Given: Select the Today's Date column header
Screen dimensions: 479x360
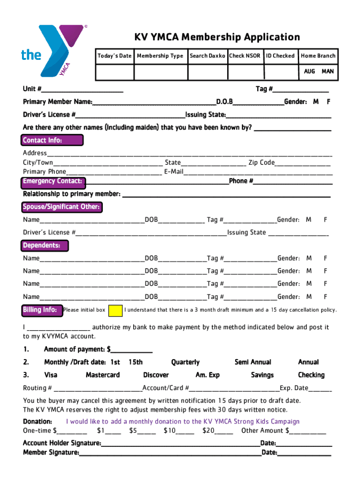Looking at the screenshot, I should pos(114,56).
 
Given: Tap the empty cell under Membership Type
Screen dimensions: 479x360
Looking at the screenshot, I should pos(160,72).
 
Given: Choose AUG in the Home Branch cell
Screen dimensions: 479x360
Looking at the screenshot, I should pos(309,72).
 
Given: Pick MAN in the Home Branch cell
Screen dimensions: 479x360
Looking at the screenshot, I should pos(327,72).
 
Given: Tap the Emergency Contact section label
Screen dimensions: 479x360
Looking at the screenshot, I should pos(53,181).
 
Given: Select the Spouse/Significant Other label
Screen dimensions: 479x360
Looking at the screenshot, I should pos(61,207).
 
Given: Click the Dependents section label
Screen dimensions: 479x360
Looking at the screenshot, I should pos(45,246).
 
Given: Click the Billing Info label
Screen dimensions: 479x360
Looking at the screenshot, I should pos(40,310).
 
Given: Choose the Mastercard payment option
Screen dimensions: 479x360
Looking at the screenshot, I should pos(102,375).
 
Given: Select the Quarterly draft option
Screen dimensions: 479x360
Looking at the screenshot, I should pos(185,362).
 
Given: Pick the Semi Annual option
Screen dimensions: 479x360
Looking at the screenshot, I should pos(252,362).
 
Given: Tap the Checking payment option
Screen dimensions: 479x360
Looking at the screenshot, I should pos(311,375).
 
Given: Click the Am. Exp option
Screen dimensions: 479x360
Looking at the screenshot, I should pos(207,375).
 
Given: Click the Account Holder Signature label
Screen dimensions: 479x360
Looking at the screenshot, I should pos(62,443).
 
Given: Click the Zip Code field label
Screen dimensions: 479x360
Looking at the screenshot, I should pos(261,163).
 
